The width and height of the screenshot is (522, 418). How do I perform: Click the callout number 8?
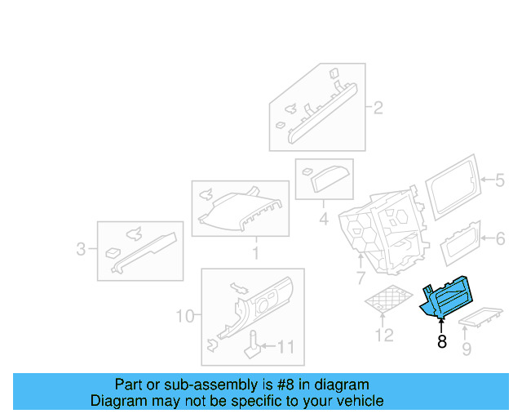(442, 342)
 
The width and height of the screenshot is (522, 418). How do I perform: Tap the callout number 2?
(378, 108)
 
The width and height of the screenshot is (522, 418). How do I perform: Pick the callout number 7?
(360, 280)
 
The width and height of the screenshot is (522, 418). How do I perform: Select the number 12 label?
(383, 335)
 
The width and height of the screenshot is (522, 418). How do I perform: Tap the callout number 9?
(467, 350)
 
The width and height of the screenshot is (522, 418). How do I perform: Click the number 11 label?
(285, 347)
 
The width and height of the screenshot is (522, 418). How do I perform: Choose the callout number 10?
(184, 315)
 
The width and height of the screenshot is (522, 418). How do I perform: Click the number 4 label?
(323, 219)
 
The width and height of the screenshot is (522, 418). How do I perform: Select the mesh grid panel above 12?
(387, 300)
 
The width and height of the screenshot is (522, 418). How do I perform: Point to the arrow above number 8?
(440, 327)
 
